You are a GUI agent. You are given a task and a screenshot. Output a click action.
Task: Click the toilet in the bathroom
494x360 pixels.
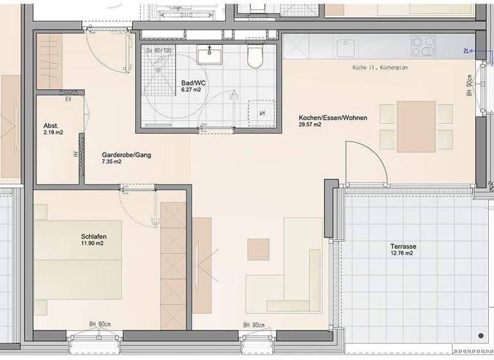click(x=255, y=57)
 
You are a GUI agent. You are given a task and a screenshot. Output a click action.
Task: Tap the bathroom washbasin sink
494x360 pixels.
click(x=209, y=55)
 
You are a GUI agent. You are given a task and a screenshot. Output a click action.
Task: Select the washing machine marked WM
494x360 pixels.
click(x=262, y=113)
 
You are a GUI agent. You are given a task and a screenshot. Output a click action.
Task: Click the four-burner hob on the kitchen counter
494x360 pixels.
click(x=423, y=46)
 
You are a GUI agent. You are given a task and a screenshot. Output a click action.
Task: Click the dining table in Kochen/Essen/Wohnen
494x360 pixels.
click(x=416, y=126)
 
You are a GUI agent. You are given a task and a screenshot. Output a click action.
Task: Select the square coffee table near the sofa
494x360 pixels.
click(x=258, y=249)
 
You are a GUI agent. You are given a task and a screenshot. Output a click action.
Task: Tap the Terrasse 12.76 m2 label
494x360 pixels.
click(x=402, y=249)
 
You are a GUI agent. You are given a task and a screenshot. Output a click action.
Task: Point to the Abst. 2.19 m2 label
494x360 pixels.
click(x=53, y=129)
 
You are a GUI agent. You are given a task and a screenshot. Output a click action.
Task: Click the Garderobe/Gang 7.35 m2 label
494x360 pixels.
click(x=120, y=158)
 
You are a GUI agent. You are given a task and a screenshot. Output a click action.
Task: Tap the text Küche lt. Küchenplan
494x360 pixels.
click(x=380, y=67)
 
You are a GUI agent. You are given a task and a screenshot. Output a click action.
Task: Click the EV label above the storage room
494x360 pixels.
click(x=68, y=99)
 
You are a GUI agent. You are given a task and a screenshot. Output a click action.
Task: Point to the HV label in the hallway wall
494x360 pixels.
click(x=75, y=154)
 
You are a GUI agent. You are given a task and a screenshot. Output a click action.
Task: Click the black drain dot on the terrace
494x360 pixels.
click(x=480, y=336)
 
